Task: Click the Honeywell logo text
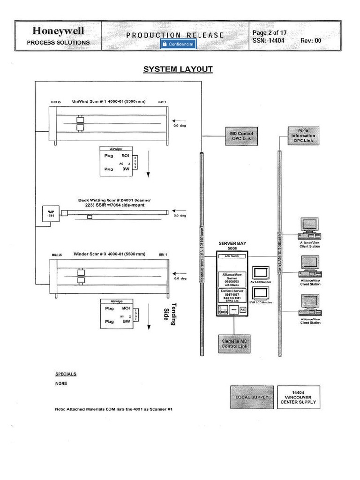point(58,31)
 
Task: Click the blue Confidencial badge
point(177,44)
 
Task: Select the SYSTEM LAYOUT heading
point(178,69)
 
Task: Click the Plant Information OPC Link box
point(303,135)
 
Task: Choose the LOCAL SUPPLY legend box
point(252,397)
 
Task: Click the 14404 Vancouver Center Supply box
point(298,397)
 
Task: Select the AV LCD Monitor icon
point(260,273)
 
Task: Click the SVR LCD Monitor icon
point(260,293)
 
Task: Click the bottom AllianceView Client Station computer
point(310,304)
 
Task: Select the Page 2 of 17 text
point(270,33)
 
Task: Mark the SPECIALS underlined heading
point(66,374)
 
